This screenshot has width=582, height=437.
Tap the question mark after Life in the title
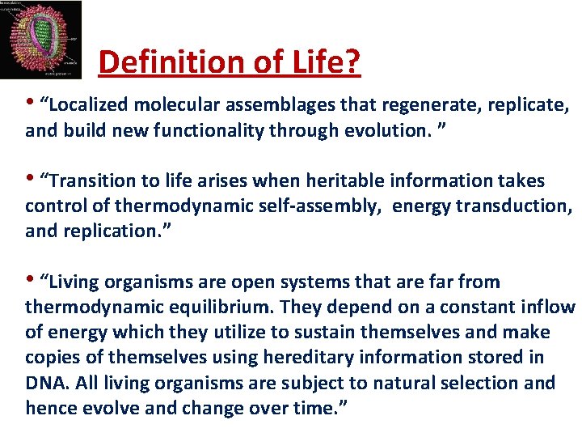click(x=353, y=62)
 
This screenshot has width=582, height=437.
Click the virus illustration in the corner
click(x=41, y=39)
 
